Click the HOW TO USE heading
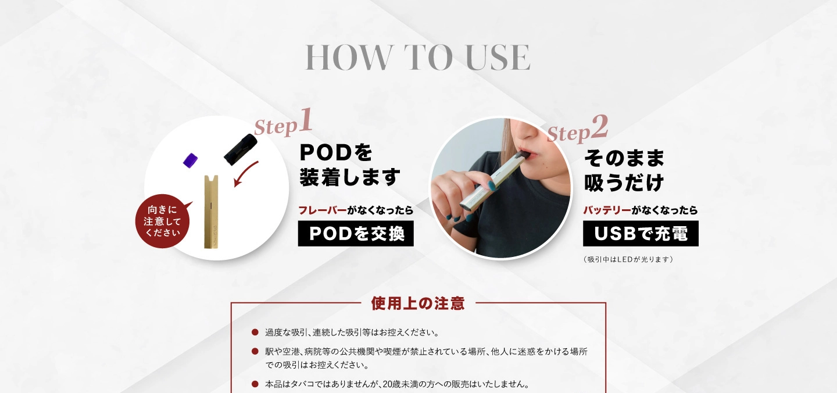click(417, 57)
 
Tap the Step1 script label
click(284, 124)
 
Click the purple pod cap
click(191, 161)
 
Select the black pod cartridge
click(240, 148)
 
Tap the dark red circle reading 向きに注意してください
click(163, 221)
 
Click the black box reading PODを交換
click(356, 234)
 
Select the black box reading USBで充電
click(641, 234)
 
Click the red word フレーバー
click(322, 210)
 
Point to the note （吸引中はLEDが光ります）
click(628, 259)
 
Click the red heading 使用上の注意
click(418, 303)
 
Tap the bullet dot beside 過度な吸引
click(255, 333)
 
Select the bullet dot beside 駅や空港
click(255, 352)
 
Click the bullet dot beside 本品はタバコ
click(255, 384)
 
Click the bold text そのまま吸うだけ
click(624, 170)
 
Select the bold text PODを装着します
click(350, 165)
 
